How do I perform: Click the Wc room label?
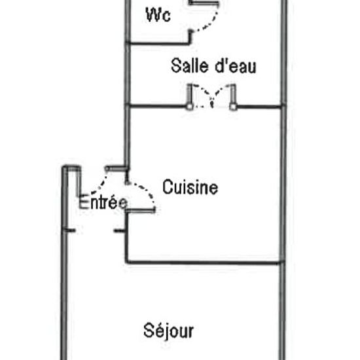[158, 15]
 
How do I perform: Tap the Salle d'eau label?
[213, 66]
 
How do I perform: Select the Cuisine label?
[190, 187]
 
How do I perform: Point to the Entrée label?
[103, 202]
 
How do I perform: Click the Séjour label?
[168, 331]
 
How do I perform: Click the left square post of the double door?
[190, 107]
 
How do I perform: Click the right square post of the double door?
[233, 107]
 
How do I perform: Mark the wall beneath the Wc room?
[158, 43]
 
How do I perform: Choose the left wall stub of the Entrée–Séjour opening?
[69, 230]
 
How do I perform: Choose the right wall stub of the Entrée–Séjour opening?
[120, 230]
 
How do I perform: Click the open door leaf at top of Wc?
[204, 3]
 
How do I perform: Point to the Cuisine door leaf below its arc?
[141, 210]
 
